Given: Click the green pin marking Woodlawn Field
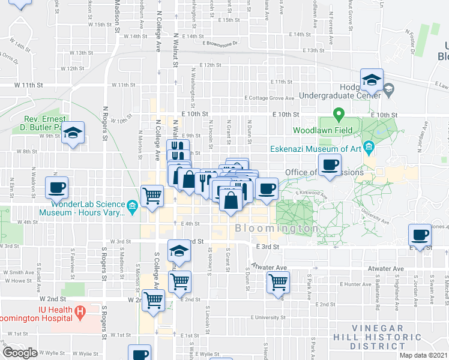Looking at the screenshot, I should tap(339, 114).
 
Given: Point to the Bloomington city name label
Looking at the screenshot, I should tap(277, 229).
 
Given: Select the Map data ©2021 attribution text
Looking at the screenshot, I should tap(424, 355).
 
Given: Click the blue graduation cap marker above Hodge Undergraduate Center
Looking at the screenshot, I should tap(372, 80).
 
